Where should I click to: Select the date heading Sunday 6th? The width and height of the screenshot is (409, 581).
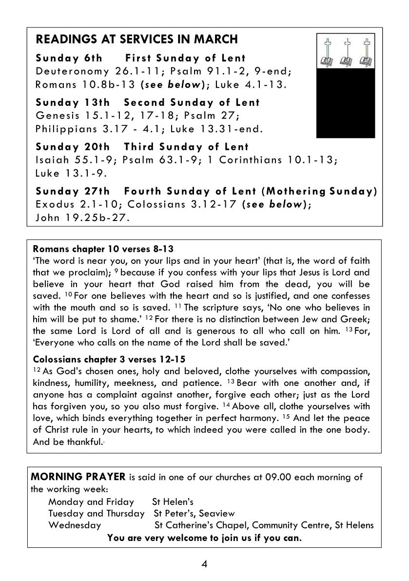[x=69, y=58]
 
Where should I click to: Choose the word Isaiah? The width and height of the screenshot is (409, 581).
[x=50, y=160]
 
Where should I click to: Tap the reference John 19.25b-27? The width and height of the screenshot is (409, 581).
[x=83, y=218]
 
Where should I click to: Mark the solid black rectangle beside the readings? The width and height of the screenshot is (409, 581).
[x=346, y=103]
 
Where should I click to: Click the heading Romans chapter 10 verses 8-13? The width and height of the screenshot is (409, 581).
[x=102, y=249]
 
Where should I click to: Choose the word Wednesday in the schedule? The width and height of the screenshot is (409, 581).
[x=75, y=525]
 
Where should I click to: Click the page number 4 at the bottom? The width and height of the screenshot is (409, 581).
[x=204, y=564]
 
